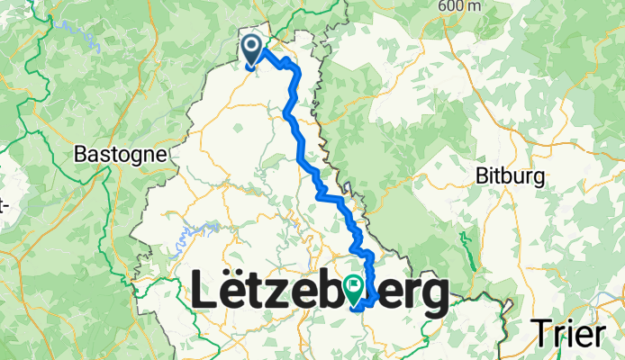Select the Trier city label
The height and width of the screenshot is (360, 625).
pos(566,333)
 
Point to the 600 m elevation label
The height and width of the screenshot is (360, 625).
pos(460,6)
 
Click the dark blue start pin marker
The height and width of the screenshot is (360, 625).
pos(252,50)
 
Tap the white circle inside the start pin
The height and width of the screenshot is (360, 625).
pos(252,46)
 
